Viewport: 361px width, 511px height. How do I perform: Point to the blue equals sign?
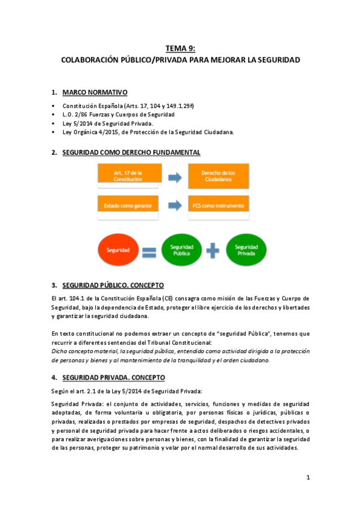tap(150, 249)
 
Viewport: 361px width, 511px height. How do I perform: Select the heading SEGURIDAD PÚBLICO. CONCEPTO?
tap(113, 285)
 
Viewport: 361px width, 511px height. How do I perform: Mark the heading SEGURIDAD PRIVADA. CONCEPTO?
tap(113, 377)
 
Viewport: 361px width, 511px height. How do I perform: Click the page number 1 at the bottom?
tap(307, 478)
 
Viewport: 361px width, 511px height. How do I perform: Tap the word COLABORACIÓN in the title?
tap(92, 60)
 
